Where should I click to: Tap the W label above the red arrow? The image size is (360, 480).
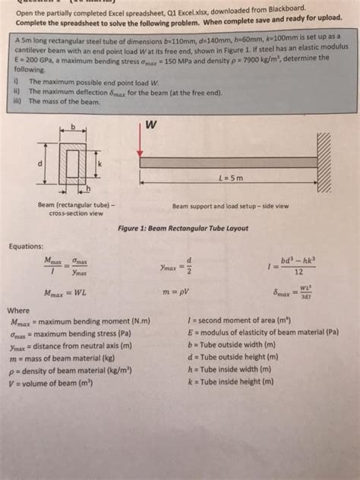tap(152, 124)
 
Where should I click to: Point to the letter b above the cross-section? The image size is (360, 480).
tap(74, 126)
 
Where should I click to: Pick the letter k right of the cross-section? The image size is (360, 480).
tap(99, 165)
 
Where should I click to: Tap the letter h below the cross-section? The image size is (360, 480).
tap(87, 188)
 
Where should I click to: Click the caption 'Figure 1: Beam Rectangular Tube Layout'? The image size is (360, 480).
tap(179, 229)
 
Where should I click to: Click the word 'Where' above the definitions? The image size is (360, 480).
tap(18, 310)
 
